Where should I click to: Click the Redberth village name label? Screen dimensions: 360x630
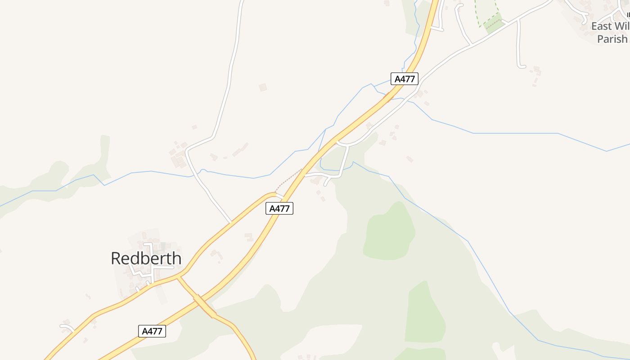pos(146,258)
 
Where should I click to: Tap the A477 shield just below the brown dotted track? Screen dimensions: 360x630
pos(279,208)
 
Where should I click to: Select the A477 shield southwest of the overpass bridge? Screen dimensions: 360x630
pos(152,331)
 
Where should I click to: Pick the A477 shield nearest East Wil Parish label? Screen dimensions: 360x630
pos(405,79)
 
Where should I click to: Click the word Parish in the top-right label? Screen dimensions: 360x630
pos(612,39)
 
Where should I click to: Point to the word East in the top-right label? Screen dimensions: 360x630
pos(601,26)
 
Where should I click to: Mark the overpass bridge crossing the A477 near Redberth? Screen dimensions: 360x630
pos(205,306)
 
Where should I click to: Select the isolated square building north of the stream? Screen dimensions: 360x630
pos(263,87)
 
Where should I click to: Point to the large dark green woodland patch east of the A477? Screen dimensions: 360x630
pos(389,232)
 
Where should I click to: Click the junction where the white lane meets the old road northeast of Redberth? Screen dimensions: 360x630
pos(231,222)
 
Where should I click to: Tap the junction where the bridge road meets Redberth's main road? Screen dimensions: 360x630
pos(179,275)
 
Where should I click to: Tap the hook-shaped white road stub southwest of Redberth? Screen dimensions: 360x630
pos(67,327)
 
